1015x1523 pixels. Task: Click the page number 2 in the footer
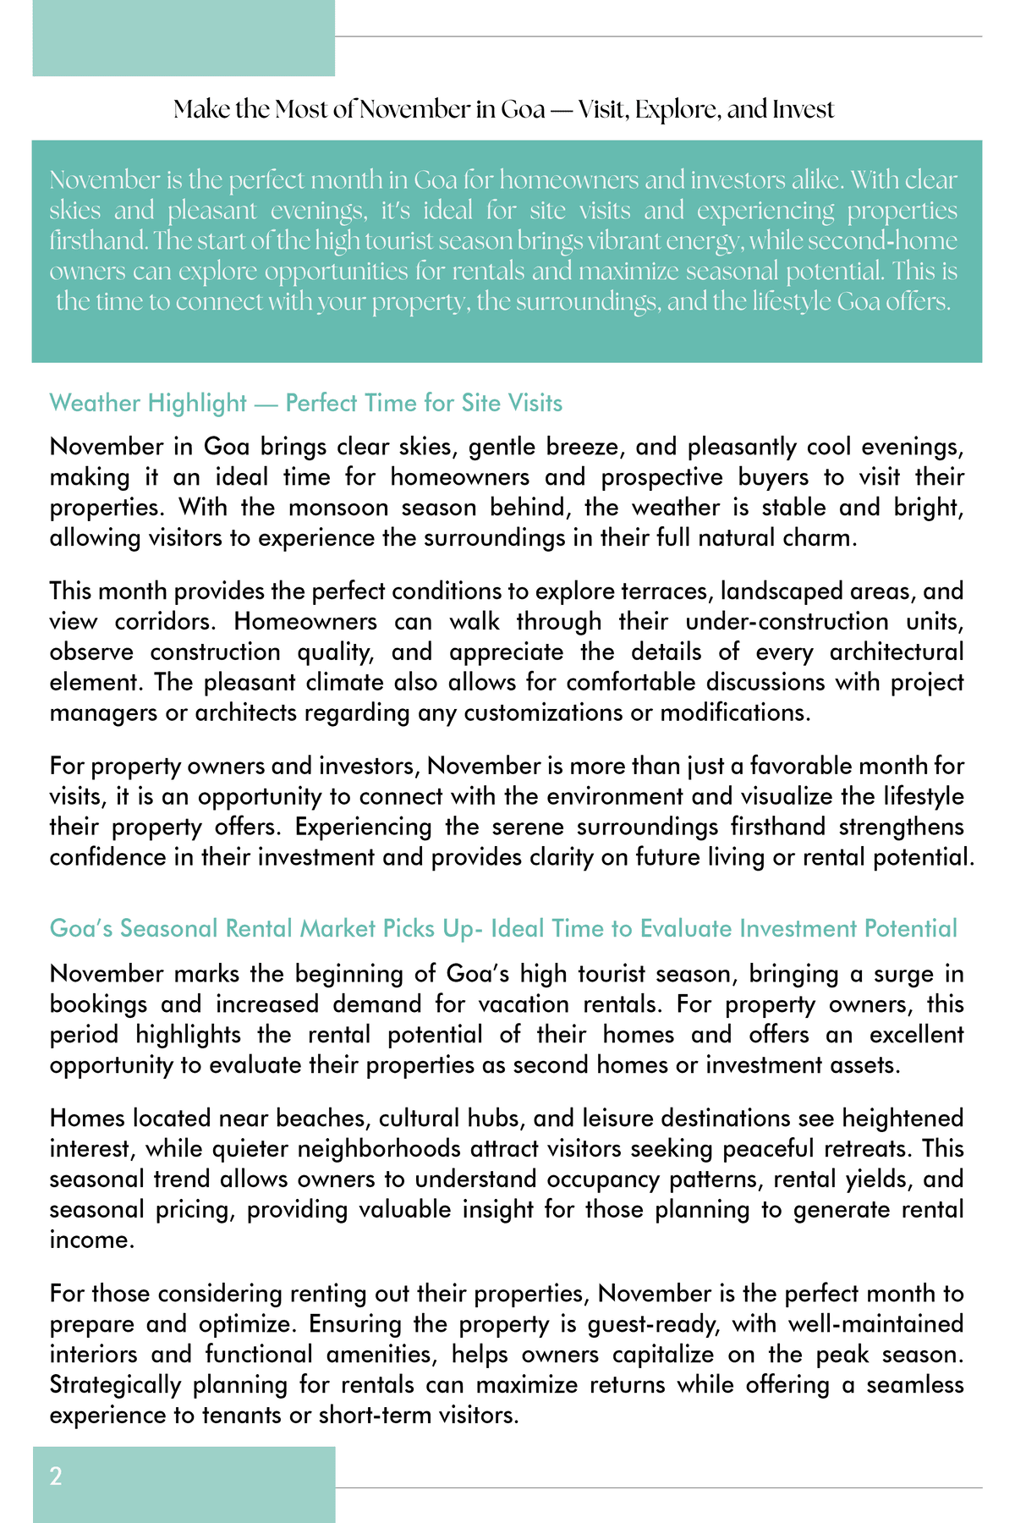coord(56,1477)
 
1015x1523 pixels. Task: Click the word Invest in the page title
coord(803,110)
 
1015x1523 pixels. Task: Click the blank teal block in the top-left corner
coord(184,38)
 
